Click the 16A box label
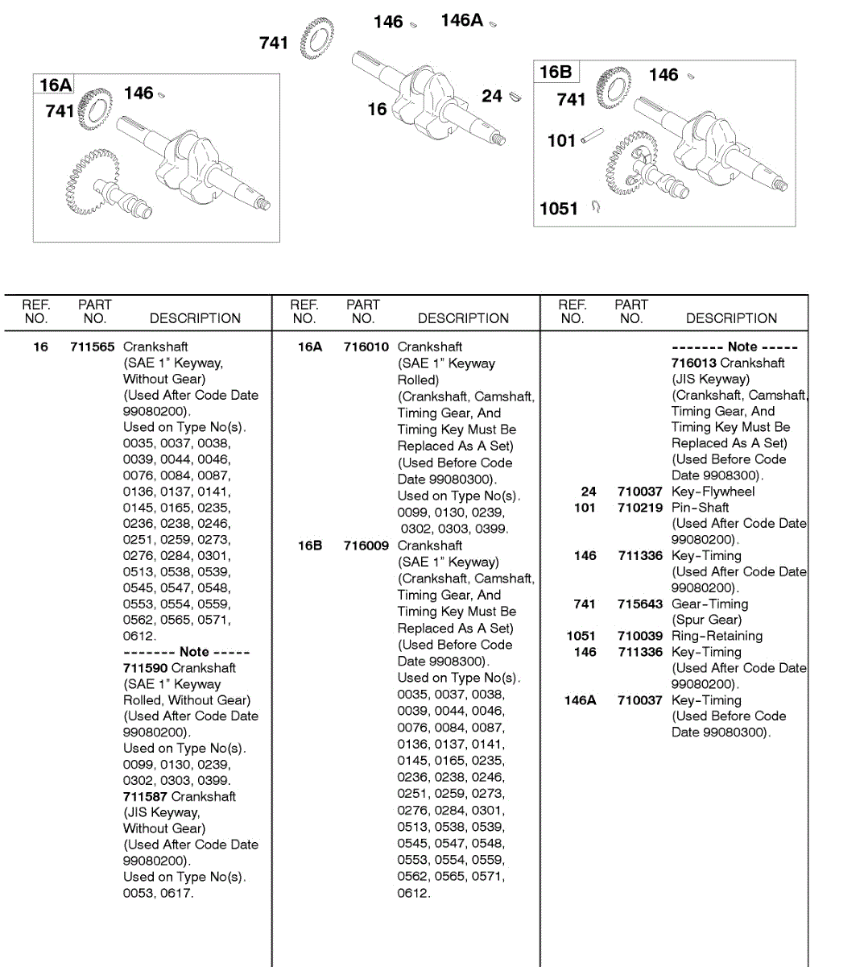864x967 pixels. coord(56,85)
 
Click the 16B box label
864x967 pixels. coord(556,73)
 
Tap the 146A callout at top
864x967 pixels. coord(462,21)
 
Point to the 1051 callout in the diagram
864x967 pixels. coord(559,210)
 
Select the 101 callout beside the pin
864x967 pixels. coord(561,141)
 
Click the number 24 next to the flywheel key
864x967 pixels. coord(492,96)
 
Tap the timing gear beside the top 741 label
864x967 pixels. coord(316,39)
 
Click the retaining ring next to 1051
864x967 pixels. coord(596,207)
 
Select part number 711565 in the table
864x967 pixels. coord(92,347)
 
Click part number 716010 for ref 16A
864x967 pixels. coord(366,347)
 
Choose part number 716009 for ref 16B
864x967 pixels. coord(366,546)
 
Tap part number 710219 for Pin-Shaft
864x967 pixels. coord(640,508)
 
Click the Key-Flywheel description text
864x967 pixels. coord(713,492)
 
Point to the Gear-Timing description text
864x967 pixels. coord(710,604)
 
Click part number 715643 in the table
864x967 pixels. coord(640,604)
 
